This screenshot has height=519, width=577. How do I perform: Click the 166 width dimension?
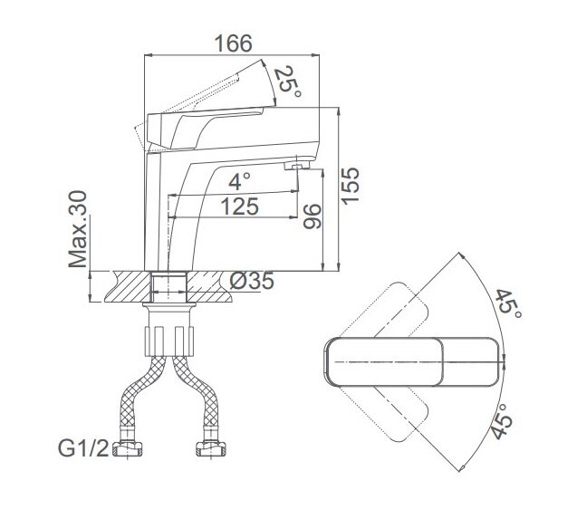click(234, 43)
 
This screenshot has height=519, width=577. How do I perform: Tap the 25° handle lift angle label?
click(288, 82)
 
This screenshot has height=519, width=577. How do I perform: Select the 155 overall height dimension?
click(350, 185)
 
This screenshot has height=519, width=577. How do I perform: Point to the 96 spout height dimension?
click(312, 216)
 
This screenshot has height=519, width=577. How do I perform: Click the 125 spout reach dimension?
click(239, 207)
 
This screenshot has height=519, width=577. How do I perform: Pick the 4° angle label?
click(239, 181)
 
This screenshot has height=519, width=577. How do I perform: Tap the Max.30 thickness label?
click(78, 229)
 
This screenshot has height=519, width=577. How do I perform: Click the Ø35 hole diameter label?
click(252, 282)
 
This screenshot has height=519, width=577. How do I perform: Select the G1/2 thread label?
click(83, 448)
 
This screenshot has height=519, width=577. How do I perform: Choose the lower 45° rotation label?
click(502, 422)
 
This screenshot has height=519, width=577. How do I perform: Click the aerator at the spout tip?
click(296, 166)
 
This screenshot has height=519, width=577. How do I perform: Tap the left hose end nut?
click(128, 448)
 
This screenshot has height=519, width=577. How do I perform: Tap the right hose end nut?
click(211, 448)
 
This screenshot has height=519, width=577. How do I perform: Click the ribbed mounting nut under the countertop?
click(168, 341)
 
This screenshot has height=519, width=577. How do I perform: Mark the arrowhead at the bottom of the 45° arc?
click(462, 468)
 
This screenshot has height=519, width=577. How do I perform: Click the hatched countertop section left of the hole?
click(129, 287)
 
